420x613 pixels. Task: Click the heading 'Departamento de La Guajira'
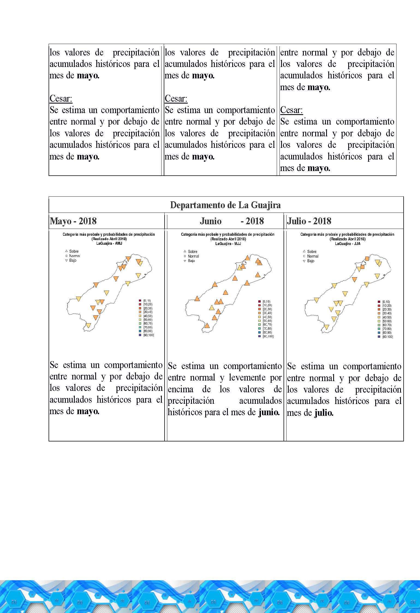225,205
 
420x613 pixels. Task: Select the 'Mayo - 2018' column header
73,221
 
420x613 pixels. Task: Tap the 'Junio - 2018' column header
232,221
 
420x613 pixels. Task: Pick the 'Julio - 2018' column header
309,221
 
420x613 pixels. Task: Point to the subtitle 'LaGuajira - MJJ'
228,243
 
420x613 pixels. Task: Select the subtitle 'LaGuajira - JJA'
347,244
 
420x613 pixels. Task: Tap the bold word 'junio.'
269,412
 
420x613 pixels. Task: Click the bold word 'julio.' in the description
324,412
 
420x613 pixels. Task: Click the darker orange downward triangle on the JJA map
355,279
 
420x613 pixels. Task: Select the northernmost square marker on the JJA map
367,259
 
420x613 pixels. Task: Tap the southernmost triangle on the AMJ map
88,325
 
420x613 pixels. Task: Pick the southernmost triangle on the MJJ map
207,326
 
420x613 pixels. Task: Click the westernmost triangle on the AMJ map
79,299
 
